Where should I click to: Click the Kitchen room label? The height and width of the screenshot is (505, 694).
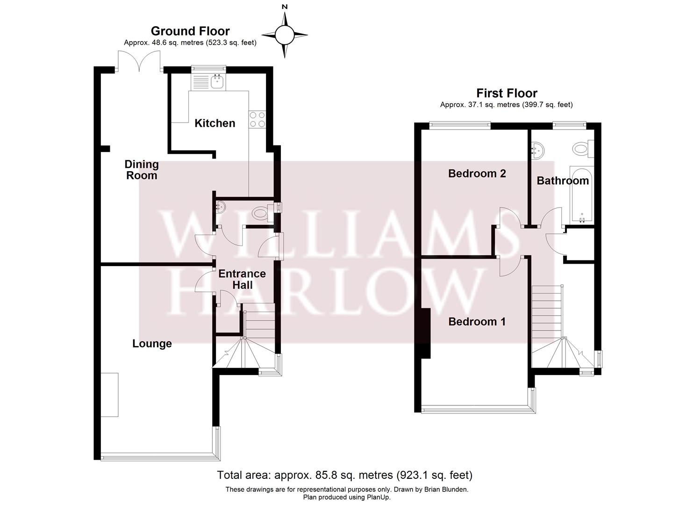(x=215, y=123)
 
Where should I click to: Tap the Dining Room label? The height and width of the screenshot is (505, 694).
(x=142, y=170)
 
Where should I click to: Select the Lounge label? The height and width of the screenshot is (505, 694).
(x=152, y=344)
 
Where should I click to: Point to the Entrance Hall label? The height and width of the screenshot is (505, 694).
(x=242, y=279)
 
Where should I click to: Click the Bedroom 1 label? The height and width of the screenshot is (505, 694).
(x=477, y=322)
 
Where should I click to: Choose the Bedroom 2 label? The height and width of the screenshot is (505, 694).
(x=477, y=173)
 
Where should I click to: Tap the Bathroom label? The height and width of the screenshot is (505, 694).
(x=563, y=181)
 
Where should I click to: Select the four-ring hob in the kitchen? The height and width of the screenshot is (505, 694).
(x=258, y=120)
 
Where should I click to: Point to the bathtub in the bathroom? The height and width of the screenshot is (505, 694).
(x=582, y=195)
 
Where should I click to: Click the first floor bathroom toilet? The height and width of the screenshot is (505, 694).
(x=582, y=148)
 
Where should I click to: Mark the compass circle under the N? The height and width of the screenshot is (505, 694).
(x=285, y=35)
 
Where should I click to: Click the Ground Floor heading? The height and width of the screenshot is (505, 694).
(x=190, y=31)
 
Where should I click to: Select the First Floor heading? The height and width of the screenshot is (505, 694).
(x=507, y=93)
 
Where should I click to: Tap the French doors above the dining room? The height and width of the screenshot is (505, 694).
(x=139, y=61)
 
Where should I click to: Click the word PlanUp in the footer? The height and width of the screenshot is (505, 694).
(x=379, y=497)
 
